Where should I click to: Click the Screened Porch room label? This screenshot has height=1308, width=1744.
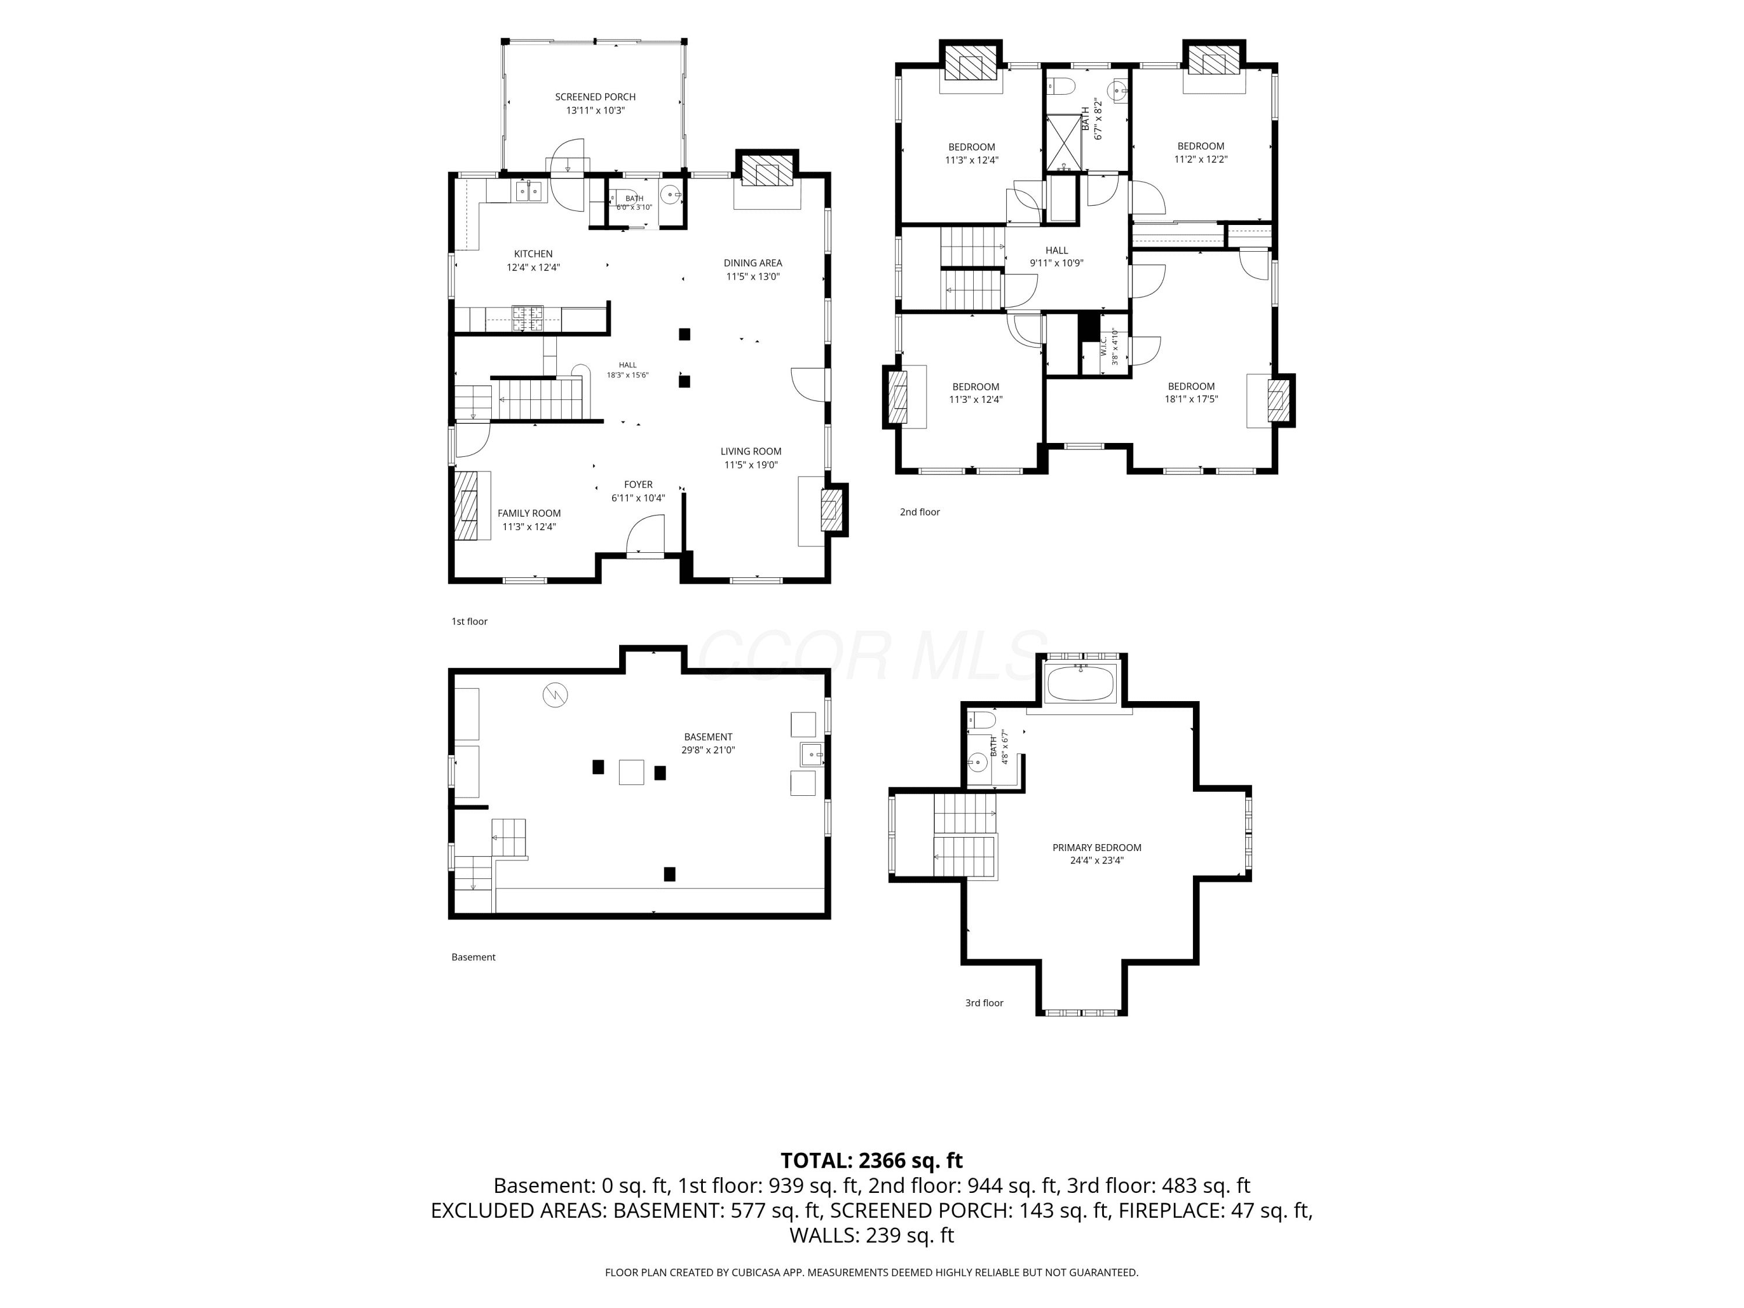click(595, 97)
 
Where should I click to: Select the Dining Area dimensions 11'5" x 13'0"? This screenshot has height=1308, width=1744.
click(753, 277)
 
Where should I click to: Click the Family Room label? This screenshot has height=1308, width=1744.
click(529, 513)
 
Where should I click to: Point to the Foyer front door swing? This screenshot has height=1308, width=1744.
click(644, 533)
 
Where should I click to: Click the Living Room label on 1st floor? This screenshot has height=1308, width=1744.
click(751, 452)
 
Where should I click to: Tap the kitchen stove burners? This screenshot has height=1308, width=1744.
click(527, 318)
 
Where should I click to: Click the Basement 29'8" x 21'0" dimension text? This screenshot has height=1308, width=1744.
click(708, 751)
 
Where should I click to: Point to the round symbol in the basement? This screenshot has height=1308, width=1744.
click(555, 695)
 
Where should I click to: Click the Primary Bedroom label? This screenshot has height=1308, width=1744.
click(1097, 848)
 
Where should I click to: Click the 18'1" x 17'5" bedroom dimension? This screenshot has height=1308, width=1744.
click(1191, 399)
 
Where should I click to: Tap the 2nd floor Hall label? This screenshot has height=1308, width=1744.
click(1056, 251)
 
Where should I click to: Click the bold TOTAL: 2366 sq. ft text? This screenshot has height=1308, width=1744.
click(872, 1160)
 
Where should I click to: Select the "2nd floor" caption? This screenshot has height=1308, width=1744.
click(920, 512)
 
